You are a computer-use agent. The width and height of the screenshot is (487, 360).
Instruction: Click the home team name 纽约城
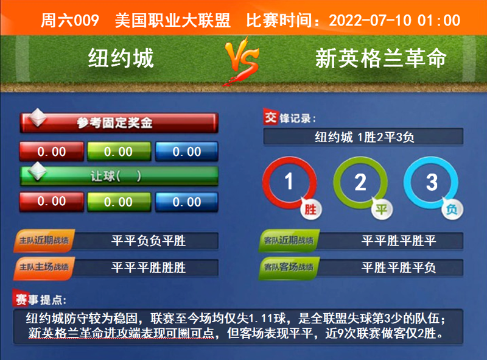pyautogui.click(x=121, y=58)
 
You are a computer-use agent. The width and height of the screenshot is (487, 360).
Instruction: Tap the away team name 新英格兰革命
pyautogui.click(x=382, y=58)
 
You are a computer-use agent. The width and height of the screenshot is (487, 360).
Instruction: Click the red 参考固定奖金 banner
pyautogui.click(x=119, y=123)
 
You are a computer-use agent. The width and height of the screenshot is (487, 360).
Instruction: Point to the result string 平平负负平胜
pyautogui.click(x=149, y=241)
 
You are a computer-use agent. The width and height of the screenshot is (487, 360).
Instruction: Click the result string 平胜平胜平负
pyautogui.click(x=399, y=267)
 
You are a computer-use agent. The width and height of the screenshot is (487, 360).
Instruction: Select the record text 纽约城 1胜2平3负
pyautogui.click(x=364, y=137)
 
